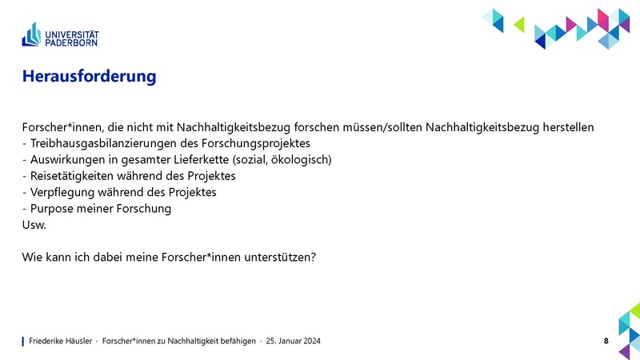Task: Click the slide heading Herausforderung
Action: pyautogui.click(x=88, y=78)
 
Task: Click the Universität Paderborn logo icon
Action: pyautogui.click(x=33, y=34)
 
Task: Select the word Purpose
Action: pyautogui.click(x=52, y=209)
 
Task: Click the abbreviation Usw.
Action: pyautogui.click(x=34, y=226)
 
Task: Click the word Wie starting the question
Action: pyautogui.click(x=32, y=258)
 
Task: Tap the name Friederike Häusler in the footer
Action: pyautogui.click(x=61, y=342)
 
